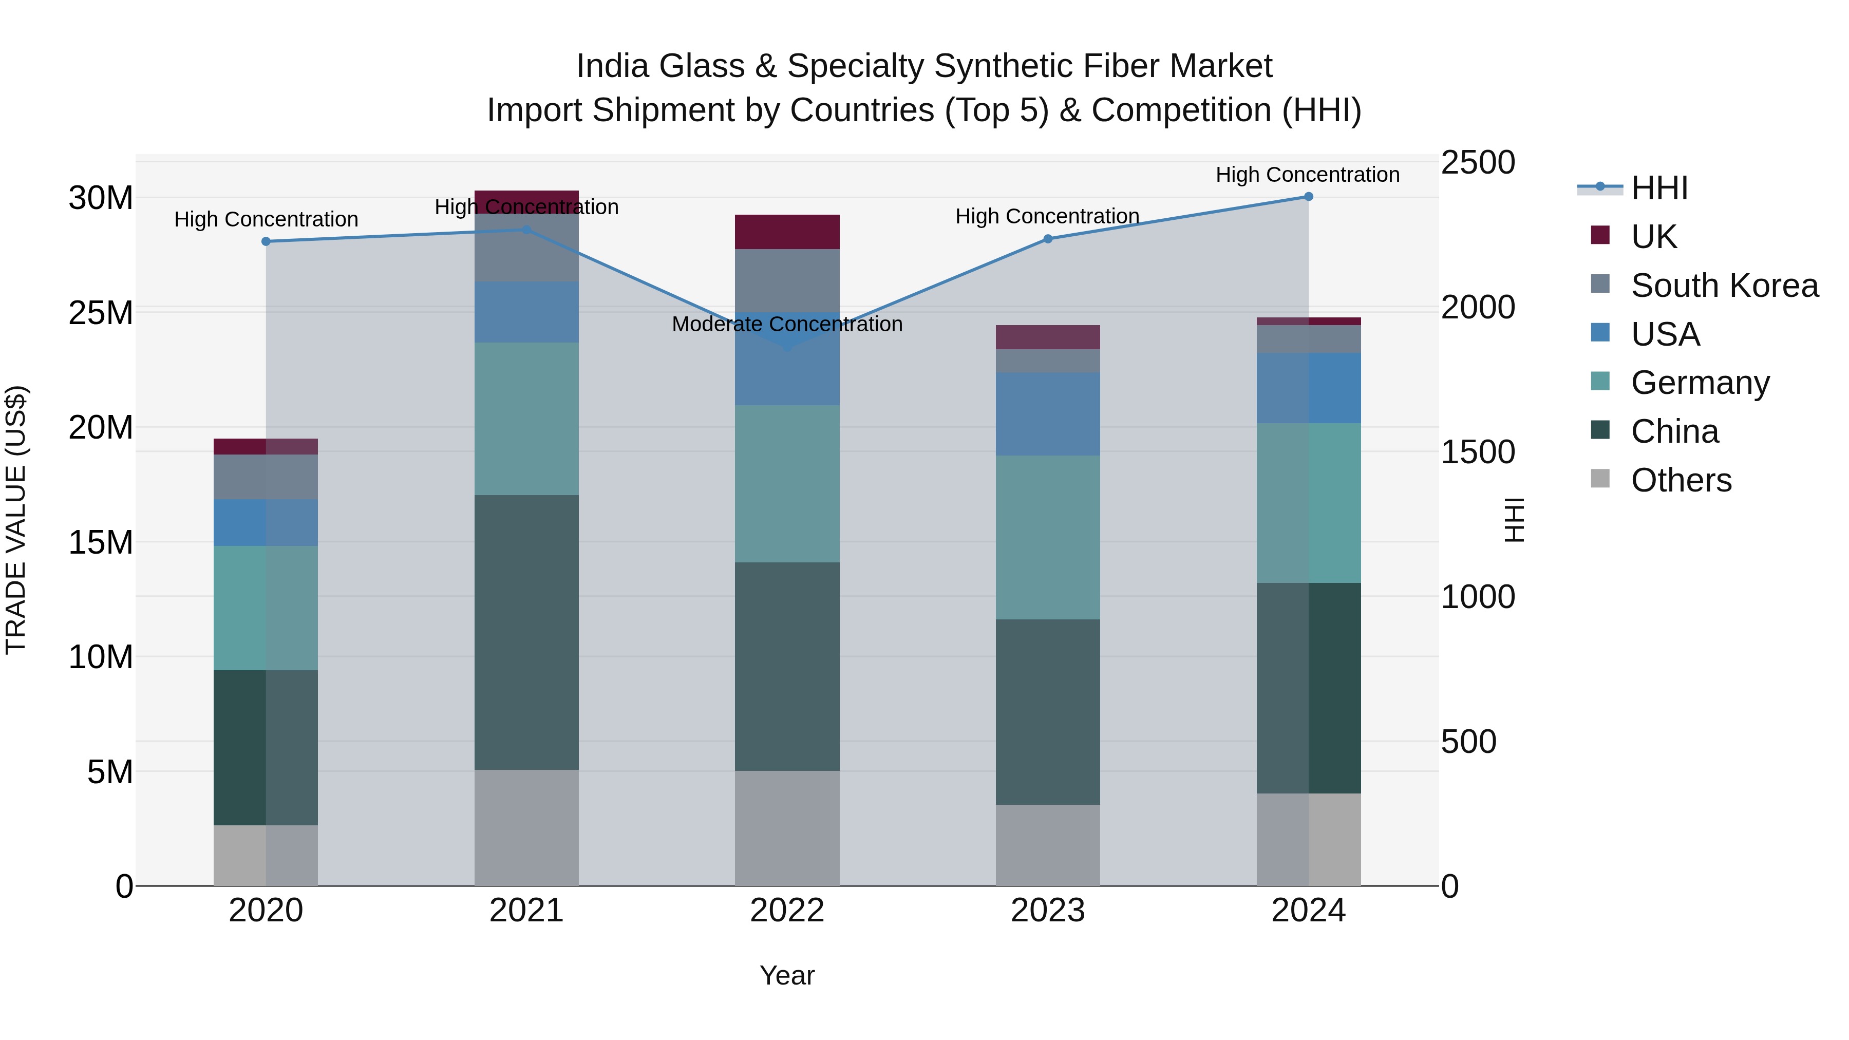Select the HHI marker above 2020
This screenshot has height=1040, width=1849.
tap(266, 241)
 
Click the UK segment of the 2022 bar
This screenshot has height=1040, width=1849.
tap(787, 231)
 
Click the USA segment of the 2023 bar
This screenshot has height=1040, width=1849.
tap(1047, 413)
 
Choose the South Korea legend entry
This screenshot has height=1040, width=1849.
tap(1724, 285)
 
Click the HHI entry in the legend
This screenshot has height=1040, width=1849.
tap(1659, 188)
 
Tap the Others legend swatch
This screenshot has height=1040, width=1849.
tap(1600, 478)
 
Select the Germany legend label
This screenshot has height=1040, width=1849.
tap(1700, 383)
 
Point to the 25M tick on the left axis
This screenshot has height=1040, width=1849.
tap(101, 313)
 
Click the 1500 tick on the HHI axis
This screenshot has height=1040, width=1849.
tap(1478, 452)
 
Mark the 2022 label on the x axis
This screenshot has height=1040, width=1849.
tap(787, 911)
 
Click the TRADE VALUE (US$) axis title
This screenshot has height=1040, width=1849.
tap(16, 520)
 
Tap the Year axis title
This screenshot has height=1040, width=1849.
tap(787, 975)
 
